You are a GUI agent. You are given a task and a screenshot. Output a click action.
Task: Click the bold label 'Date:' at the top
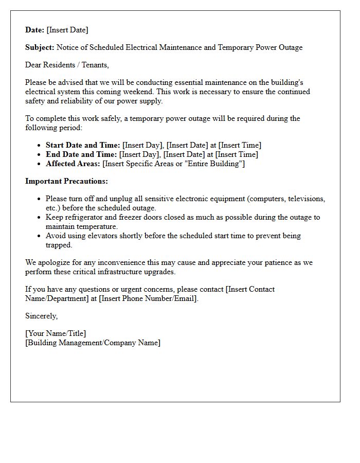click(x=35, y=30)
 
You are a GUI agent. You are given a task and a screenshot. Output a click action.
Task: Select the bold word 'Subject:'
click(x=40, y=47)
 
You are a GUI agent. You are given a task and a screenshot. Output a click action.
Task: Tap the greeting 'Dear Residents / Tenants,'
click(x=67, y=65)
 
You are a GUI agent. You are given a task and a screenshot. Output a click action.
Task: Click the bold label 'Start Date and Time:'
click(x=83, y=145)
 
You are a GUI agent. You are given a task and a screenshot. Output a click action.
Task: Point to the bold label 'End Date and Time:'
click(x=81, y=154)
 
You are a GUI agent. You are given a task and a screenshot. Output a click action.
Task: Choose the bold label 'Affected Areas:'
click(x=73, y=164)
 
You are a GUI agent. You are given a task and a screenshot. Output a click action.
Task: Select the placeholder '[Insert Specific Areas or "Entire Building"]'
click(x=174, y=164)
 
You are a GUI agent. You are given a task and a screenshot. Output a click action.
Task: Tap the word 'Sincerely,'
click(x=42, y=316)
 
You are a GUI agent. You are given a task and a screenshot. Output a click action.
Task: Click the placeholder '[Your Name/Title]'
click(x=56, y=333)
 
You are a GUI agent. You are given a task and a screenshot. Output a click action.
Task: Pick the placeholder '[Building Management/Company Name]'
click(x=93, y=343)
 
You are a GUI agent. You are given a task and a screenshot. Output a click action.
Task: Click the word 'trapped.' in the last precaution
click(x=59, y=245)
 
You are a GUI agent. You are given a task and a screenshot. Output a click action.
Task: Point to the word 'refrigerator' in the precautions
click(x=84, y=217)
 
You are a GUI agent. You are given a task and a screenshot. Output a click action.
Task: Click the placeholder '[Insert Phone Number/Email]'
click(x=148, y=298)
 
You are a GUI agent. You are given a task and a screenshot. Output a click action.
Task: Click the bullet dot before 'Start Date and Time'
click(x=39, y=146)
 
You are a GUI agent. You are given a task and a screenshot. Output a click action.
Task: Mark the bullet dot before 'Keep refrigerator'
click(x=39, y=218)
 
